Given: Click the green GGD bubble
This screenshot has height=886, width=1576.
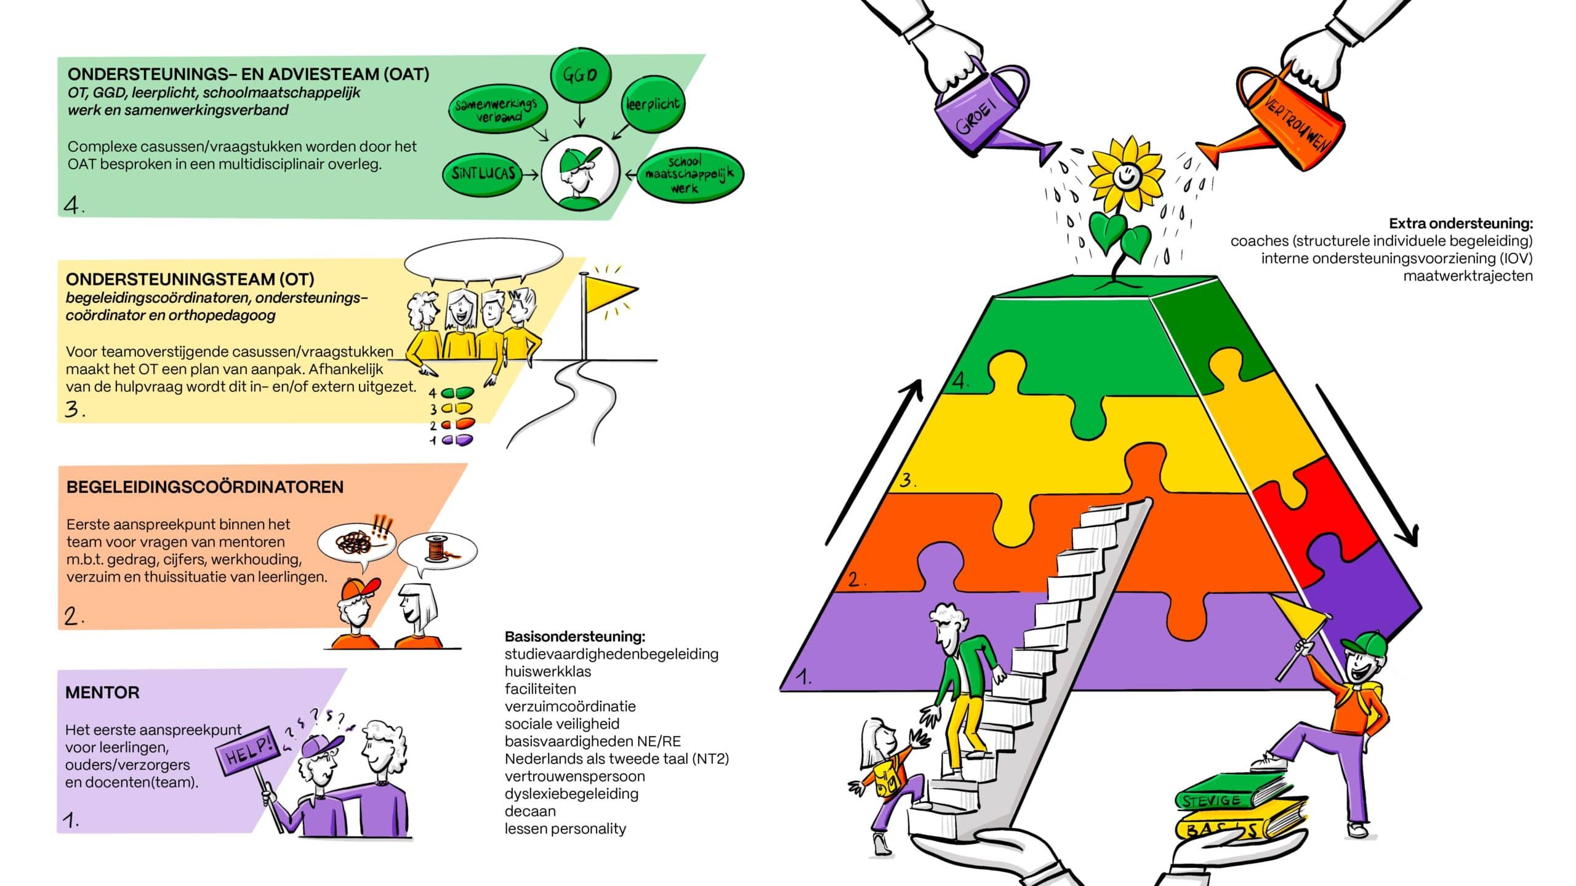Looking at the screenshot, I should (x=579, y=75).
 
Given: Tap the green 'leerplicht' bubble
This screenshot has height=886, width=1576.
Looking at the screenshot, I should (x=652, y=104).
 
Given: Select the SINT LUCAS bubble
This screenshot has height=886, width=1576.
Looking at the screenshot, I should (x=483, y=174).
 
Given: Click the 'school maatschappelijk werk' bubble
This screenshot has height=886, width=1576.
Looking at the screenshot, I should (x=689, y=175).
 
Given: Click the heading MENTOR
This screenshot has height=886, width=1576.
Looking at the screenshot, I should (x=102, y=693).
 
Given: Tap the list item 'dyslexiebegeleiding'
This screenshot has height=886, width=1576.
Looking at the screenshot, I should (x=571, y=794).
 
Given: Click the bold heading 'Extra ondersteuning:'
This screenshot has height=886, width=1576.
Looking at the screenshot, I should (x=1461, y=223).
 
